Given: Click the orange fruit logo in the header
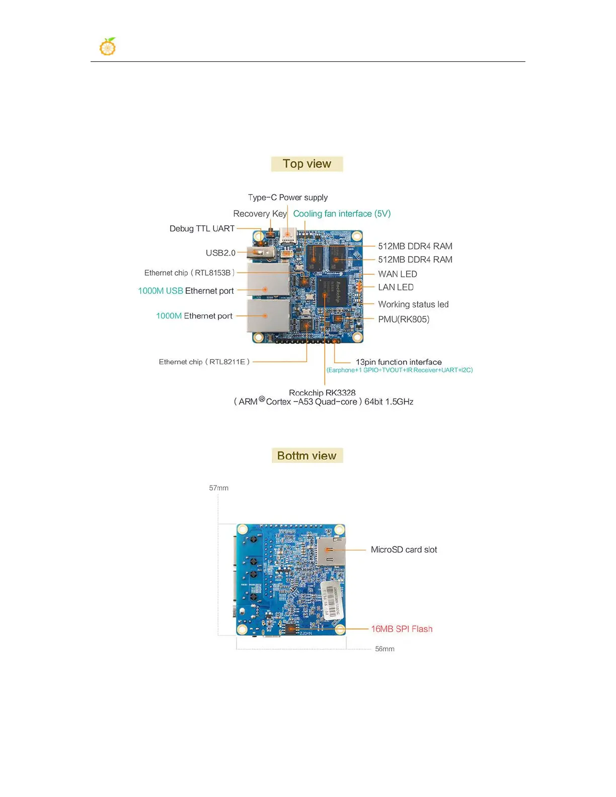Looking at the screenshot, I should tap(108, 47).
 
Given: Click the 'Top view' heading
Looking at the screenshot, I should tap(307, 164).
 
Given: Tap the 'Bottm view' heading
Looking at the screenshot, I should tap(307, 456).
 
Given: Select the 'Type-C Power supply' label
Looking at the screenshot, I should tap(288, 197).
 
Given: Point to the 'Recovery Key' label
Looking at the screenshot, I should tap(260, 214).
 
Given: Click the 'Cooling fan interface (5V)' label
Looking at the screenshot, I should tap(342, 214).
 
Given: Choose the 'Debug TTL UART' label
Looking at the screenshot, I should tap(202, 228).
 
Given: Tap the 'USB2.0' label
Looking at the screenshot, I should tap(220, 253).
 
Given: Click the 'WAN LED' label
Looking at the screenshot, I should tap(398, 274).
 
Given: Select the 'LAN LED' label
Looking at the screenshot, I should tap(396, 287).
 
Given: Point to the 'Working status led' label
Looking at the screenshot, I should tap(413, 304).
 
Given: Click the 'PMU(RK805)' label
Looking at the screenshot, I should tap(404, 320).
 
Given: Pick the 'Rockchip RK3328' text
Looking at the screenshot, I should tap(322, 392).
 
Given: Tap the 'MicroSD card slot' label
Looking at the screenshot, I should tap(404, 550).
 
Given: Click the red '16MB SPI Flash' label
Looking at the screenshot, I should tap(402, 629).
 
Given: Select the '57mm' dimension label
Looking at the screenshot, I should tap(219, 488).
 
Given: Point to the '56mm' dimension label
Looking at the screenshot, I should tap(384, 649).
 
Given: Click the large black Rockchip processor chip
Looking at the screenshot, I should tap(332, 291).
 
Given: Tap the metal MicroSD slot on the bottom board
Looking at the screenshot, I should tap(331, 551).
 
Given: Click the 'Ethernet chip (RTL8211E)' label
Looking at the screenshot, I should tap(204, 362).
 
